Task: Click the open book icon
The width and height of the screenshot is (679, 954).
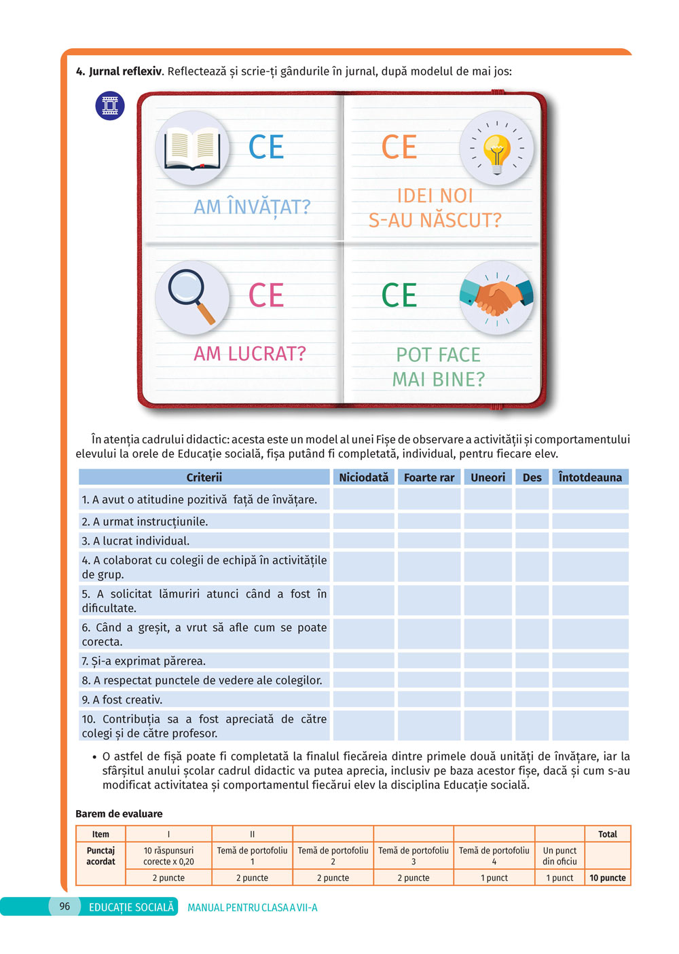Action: (x=193, y=149)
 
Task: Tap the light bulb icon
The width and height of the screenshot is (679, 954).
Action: (x=497, y=149)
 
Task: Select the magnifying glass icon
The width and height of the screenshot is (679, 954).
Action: (x=191, y=297)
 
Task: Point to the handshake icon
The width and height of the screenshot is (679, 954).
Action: (x=496, y=297)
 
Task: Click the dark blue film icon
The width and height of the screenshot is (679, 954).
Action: (x=110, y=106)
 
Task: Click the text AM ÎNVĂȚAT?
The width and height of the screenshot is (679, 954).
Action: (x=252, y=206)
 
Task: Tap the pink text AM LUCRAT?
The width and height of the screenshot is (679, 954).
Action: (x=250, y=354)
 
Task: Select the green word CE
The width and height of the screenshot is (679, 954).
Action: (x=399, y=296)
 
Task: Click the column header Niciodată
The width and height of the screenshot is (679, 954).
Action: (x=363, y=477)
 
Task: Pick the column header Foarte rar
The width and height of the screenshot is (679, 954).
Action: (x=429, y=477)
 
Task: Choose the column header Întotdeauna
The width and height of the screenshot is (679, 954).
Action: (x=590, y=477)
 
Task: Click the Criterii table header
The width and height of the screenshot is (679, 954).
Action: (x=204, y=477)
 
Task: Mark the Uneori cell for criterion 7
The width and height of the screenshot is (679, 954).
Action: (x=488, y=661)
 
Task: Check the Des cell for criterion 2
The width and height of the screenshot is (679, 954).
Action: (x=532, y=521)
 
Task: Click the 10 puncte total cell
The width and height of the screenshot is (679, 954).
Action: (x=608, y=878)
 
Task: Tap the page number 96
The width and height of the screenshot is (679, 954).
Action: (x=65, y=906)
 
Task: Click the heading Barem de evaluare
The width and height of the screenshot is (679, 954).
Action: (x=119, y=813)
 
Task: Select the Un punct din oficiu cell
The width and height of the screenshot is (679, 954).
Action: (x=559, y=856)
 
